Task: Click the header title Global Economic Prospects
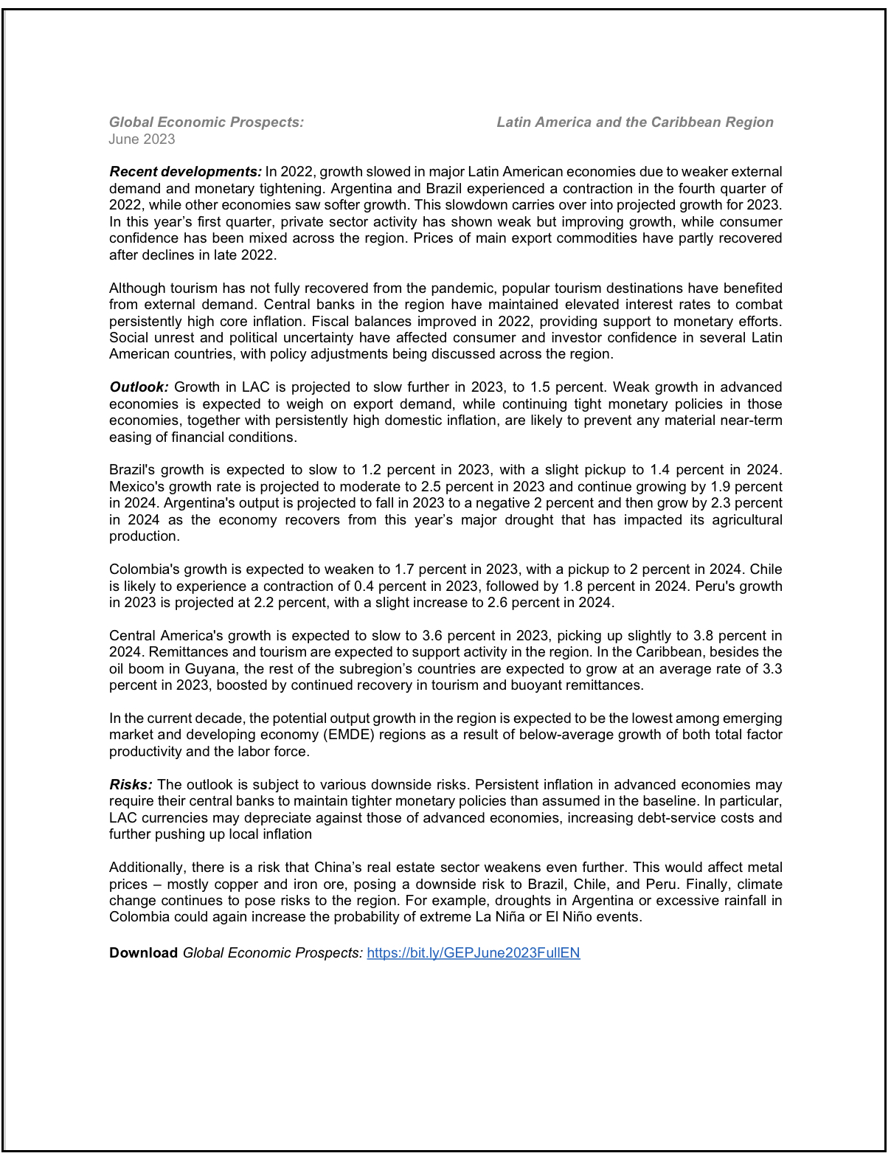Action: (x=206, y=122)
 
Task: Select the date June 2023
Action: (x=142, y=139)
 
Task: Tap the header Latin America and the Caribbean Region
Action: (x=634, y=122)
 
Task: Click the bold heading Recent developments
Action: (x=185, y=172)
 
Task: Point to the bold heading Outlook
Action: (x=139, y=387)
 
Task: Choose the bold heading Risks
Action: (x=131, y=785)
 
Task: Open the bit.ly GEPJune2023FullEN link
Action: (x=473, y=953)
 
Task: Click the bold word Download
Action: (x=143, y=953)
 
